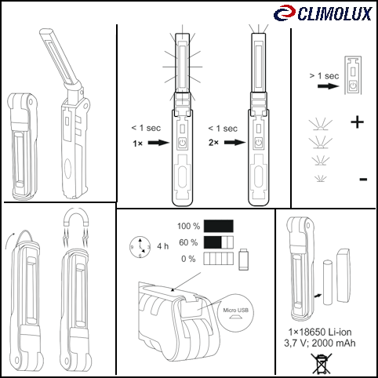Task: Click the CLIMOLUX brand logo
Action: point(323,13)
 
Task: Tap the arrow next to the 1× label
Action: point(159,143)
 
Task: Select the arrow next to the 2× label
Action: point(235,143)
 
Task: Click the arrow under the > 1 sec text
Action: point(329,86)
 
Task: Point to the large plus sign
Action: point(357,122)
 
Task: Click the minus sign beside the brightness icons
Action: point(363,180)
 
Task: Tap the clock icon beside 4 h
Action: point(140,247)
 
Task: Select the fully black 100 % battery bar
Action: point(219,226)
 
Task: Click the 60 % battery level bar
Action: point(219,242)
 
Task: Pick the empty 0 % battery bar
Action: point(219,259)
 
